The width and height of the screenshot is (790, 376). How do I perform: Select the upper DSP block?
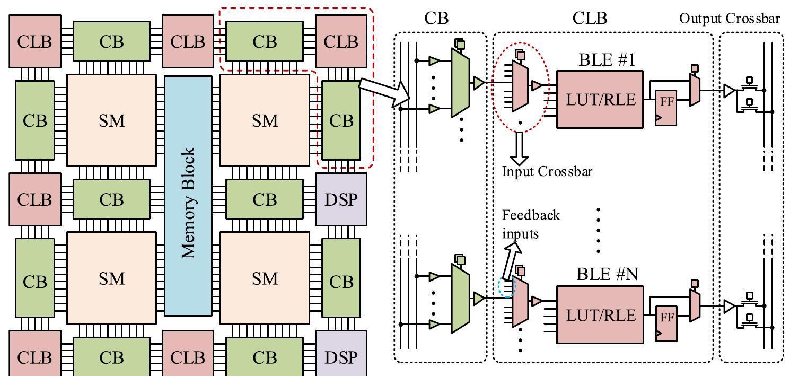point(341,199)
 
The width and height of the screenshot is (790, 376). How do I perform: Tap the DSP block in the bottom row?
point(341,356)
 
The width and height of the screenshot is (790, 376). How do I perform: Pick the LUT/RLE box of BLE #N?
point(599,315)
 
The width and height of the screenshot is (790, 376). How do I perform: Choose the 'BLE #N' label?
point(599,275)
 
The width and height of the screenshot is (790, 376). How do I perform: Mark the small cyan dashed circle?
point(507,288)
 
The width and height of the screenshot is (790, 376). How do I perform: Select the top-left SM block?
point(111,120)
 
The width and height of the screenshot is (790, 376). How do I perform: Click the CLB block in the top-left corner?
point(34,42)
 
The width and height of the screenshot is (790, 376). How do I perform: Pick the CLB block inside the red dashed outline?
point(341,42)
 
